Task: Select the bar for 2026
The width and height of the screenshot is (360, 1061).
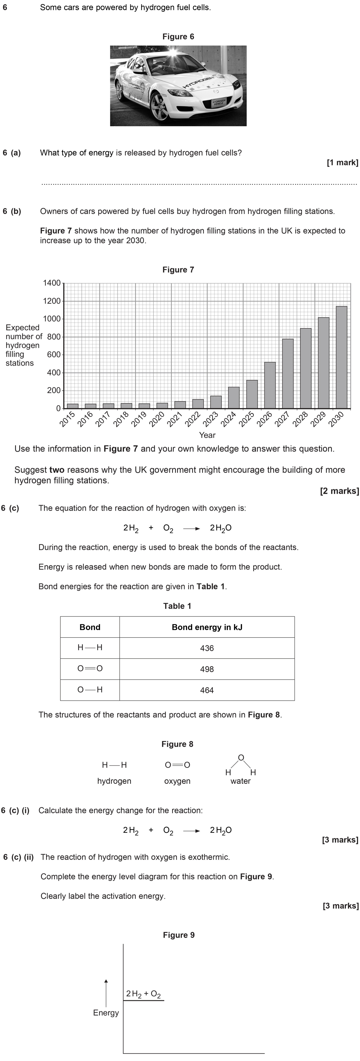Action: pyautogui.click(x=270, y=385)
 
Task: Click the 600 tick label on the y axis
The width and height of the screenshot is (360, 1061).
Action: pyautogui.click(x=54, y=355)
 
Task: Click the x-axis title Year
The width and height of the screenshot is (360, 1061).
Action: pyautogui.click(x=207, y=435)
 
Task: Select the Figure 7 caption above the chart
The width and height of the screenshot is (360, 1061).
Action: pyautogui.click(x=178, y=270)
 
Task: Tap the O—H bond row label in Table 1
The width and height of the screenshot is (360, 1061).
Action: pyautogui.click(x=90, y=690)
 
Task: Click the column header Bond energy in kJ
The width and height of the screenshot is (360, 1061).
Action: pyautogui.click(x=207, y=627)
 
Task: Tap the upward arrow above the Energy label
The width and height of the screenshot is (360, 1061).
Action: pyautogui.click(x=106, y=993)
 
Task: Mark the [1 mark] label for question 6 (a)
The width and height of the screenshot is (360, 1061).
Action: pyautogui.click(x=342, y=163)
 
